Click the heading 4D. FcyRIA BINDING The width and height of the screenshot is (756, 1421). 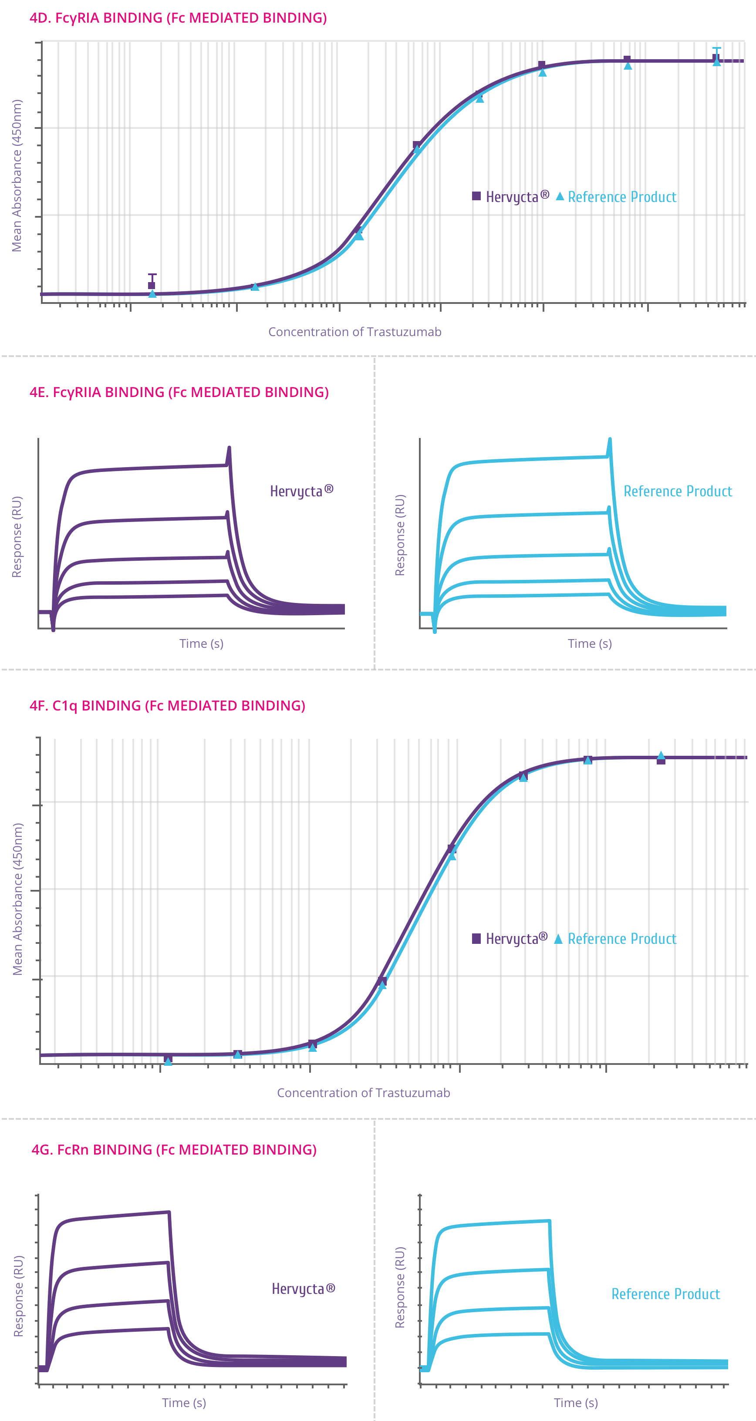[178, 18]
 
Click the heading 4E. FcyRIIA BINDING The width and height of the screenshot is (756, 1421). [179, 392]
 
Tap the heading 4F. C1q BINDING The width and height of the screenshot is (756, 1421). [167, 706]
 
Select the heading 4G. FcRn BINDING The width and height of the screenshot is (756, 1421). [174, 1150]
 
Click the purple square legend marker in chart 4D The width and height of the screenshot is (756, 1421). [476, 196]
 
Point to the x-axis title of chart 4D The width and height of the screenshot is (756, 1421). [354, 332]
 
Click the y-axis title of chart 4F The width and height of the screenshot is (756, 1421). [18, 899]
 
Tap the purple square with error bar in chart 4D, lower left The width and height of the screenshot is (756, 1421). [152, 285]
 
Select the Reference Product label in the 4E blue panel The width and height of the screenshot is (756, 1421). [677, 491]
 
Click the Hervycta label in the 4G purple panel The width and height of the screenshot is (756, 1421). [303, 1289]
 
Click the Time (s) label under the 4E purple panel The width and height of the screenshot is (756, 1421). [202, 643]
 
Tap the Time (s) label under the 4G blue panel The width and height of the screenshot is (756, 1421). [576, 1403]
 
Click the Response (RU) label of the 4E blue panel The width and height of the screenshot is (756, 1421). [400, 535]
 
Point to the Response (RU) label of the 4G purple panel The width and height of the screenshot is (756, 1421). [19, 1296]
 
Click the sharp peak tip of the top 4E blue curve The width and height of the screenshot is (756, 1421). [610, 440]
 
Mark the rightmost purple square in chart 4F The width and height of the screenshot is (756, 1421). [661, 760]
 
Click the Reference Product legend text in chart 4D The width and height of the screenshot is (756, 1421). [622, 197]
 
